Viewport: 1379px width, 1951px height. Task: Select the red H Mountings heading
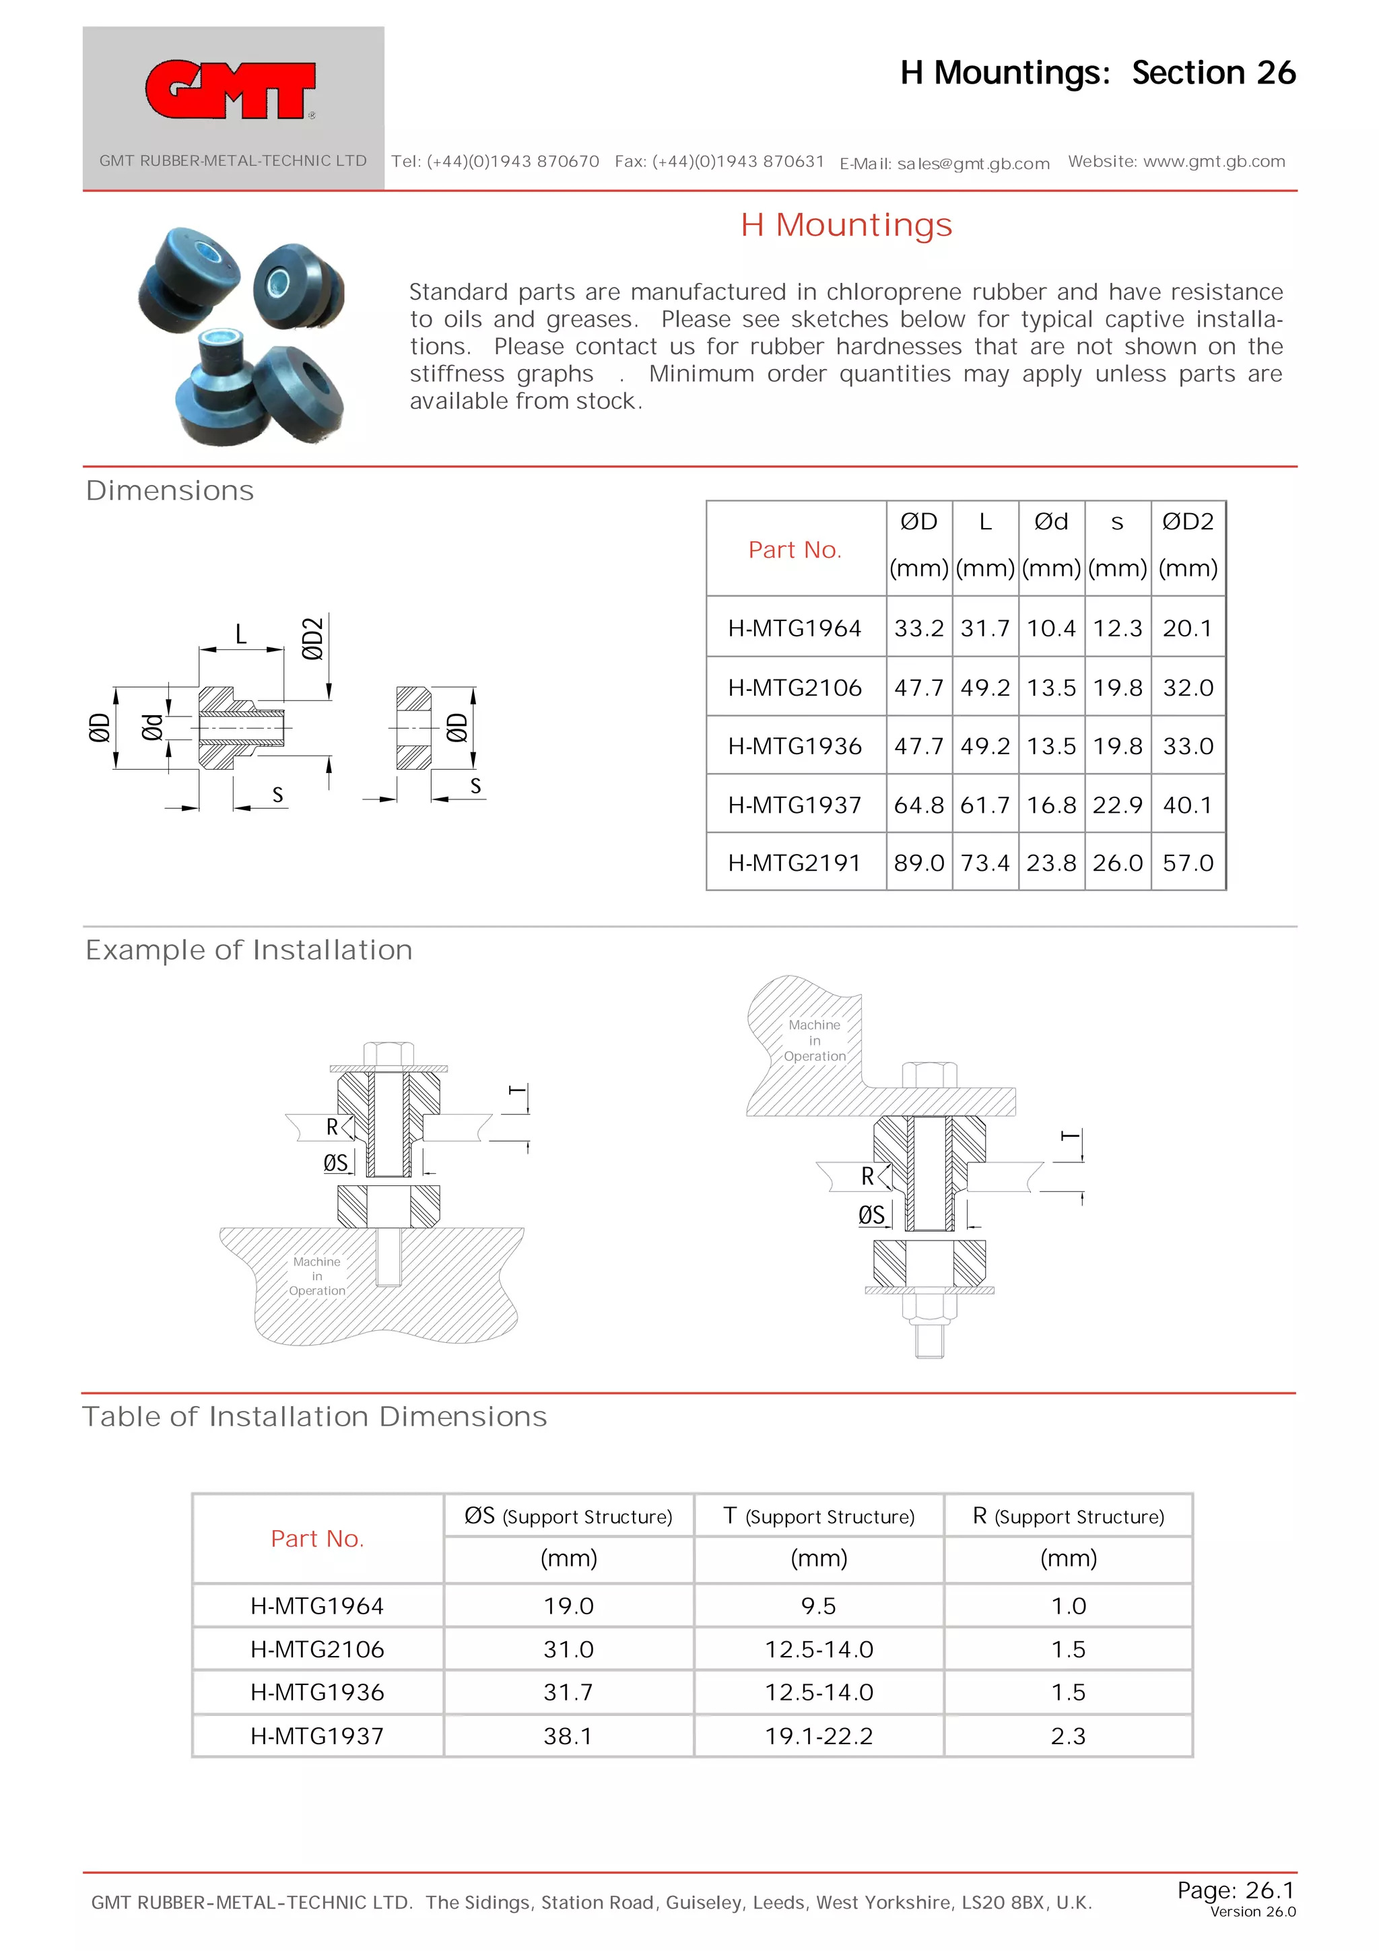coord(846,225)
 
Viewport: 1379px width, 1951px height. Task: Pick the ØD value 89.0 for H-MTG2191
coord(918,863)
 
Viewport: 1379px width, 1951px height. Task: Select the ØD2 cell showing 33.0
coord(1187,746)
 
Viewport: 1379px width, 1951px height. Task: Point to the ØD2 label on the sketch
coord(312,638)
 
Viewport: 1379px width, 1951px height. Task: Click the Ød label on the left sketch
coord(152,727)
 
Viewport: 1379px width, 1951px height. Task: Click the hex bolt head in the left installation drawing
coord(389,1054)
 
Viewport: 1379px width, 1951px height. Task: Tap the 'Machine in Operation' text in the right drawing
coord(814,1040)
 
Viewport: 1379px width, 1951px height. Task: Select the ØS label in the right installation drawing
coord(871,1215)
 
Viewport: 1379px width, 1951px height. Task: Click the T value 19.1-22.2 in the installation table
coord(818,1735)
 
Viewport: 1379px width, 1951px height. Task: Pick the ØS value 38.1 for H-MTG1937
coord(568,1735)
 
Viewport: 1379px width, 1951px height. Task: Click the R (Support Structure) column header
coord(1068,1516)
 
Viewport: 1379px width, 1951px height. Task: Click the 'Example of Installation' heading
coord(249,950)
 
